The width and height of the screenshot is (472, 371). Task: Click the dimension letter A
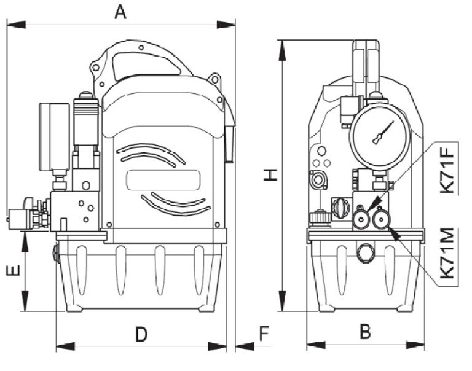(x=120, y=13)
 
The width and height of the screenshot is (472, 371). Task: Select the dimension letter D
(x=141, y=335)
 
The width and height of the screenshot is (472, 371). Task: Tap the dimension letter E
(x=14, y=270)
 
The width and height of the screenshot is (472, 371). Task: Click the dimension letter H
(x=270, y=175)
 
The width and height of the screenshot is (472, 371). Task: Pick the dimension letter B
(x=366, y=332)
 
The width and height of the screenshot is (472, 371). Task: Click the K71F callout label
(x=446, y=170)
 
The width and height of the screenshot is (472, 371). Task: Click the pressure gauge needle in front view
(x=383, y=133)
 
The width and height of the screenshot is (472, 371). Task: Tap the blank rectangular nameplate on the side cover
(x=163, y=180)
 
